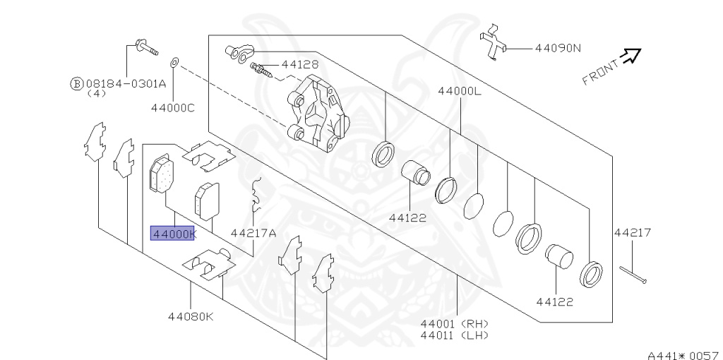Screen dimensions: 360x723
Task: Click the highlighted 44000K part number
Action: [x=172, y=234]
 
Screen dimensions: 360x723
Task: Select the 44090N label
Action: [x=557, y=49]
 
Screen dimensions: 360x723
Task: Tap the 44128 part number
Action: [x=299, y=64]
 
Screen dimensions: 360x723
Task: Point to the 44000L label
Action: [x=459, y=92]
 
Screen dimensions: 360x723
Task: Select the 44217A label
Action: [x=253, y=233]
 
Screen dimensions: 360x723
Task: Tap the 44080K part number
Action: [x=190, y=316]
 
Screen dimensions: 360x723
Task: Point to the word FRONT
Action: [x=600, y=71]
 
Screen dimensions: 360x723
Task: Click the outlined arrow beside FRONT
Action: [x=631, y=55]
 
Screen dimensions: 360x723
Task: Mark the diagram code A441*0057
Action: [x=682, y=354]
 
